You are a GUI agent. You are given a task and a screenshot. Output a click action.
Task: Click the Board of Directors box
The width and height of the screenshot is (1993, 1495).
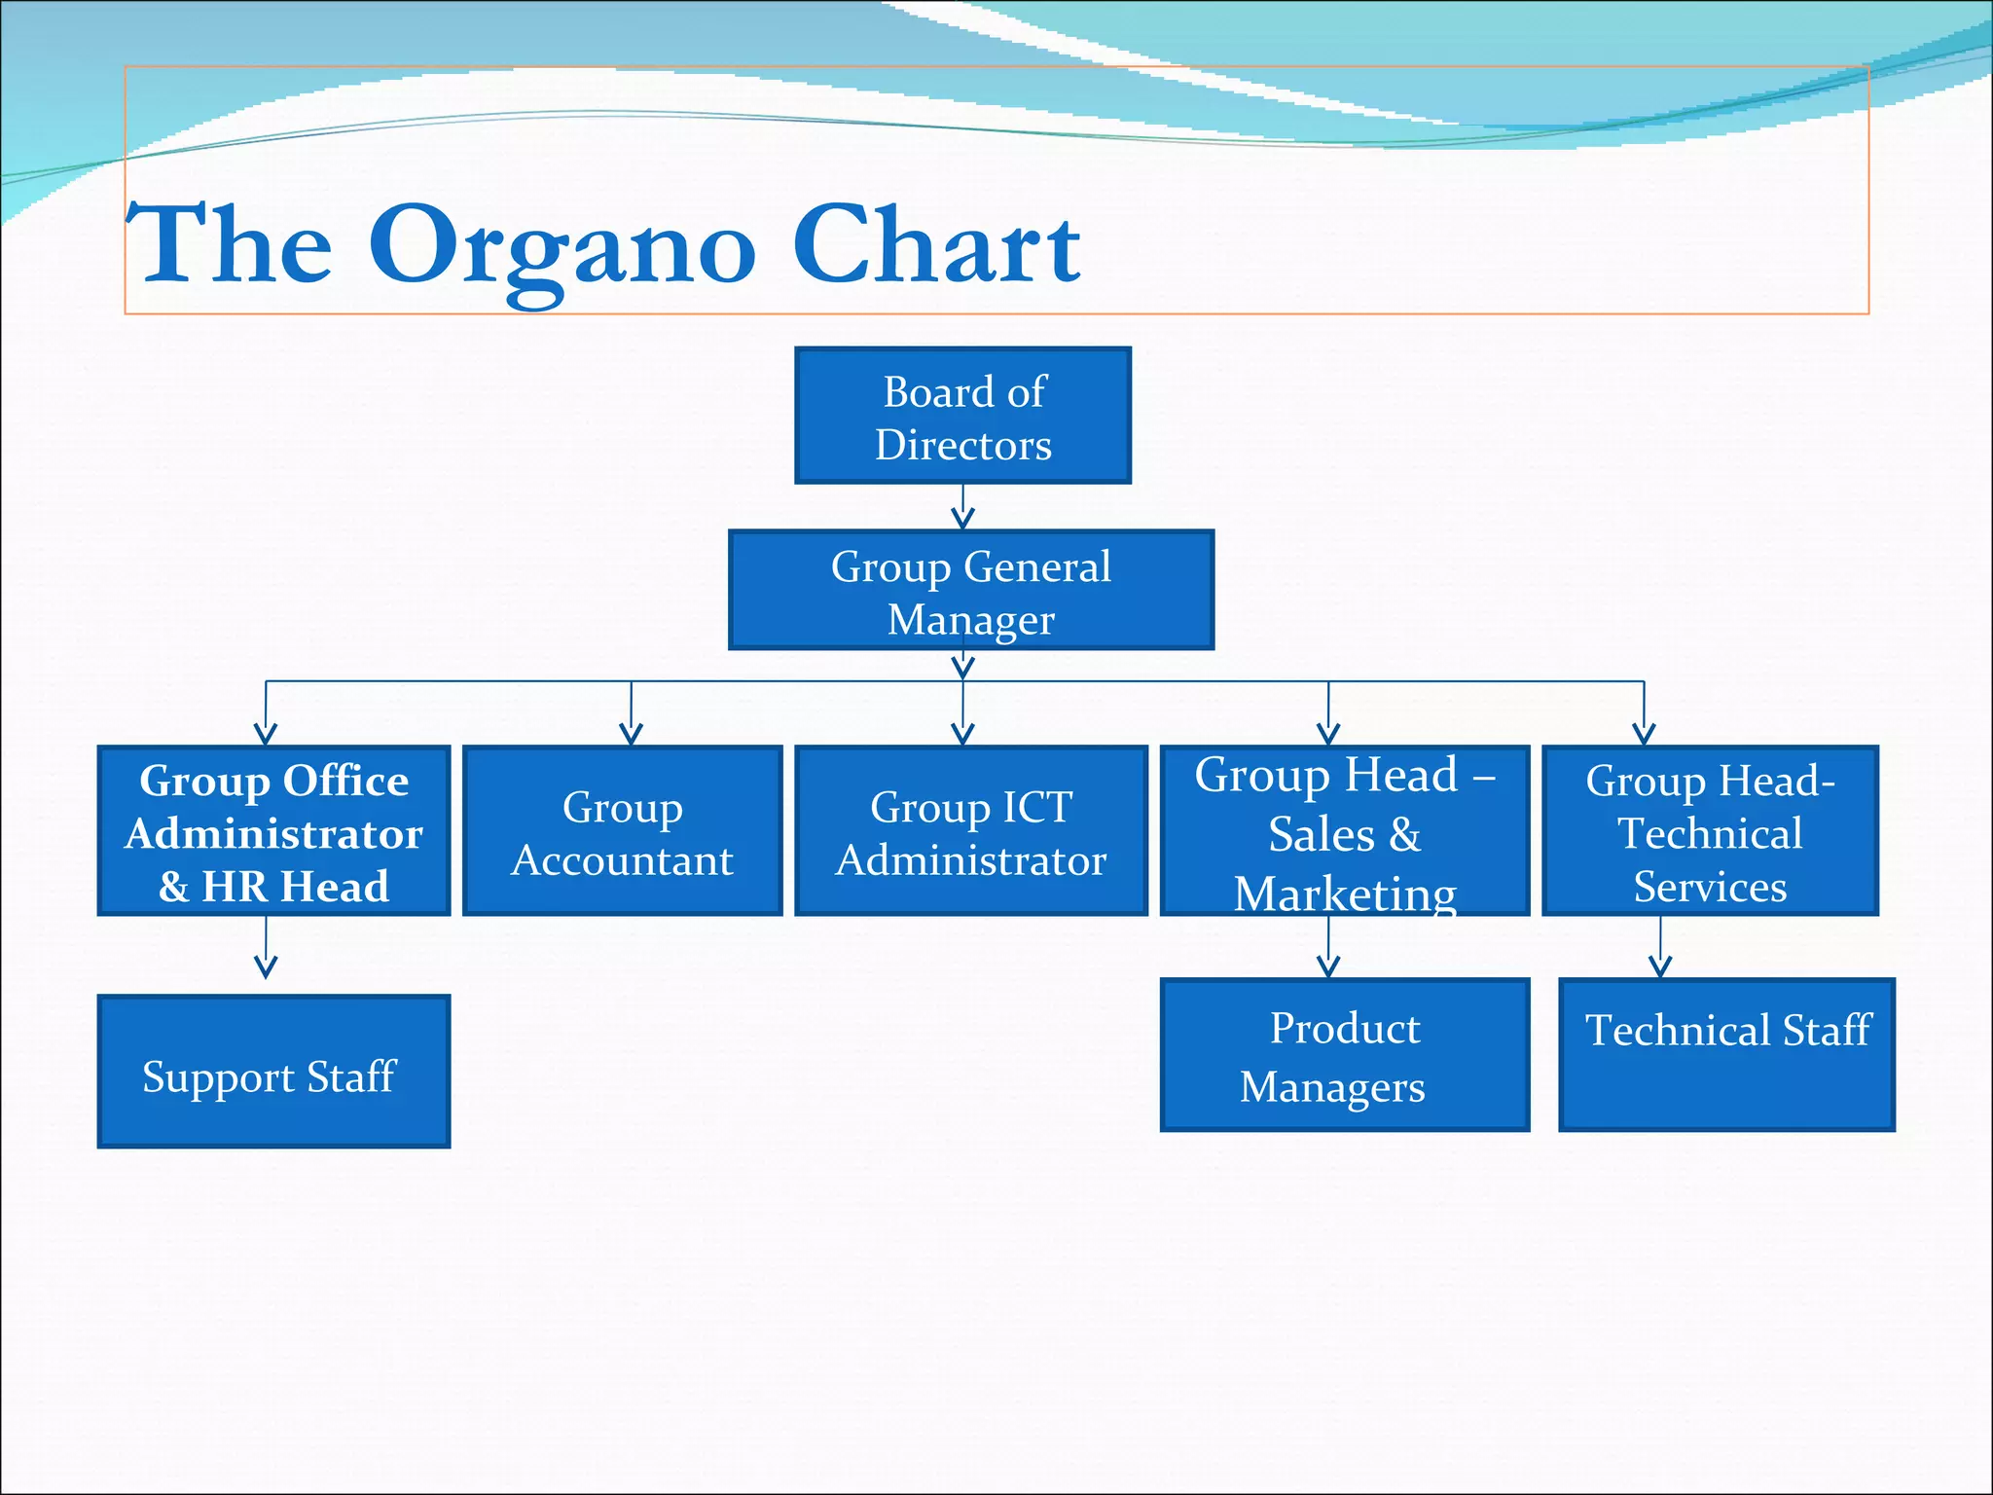[x=962, y=416]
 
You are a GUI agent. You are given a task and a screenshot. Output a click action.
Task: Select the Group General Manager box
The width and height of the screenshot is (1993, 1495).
[x=970, y=591]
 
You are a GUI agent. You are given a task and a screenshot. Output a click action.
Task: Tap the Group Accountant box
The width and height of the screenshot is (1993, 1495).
[x=623, y=832]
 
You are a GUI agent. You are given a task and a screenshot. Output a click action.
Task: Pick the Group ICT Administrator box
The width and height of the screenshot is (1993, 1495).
[x=970, y=832]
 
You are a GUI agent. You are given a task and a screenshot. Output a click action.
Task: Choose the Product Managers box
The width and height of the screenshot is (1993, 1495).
[x=1344, y=1056]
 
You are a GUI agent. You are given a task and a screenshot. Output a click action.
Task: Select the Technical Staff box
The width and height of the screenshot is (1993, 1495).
[x=1726, y=1056]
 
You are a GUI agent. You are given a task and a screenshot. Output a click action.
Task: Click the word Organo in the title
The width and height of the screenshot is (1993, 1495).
[x=562, y=247]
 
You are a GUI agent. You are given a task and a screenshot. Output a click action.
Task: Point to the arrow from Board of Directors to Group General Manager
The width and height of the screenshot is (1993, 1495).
[x=962, y=507]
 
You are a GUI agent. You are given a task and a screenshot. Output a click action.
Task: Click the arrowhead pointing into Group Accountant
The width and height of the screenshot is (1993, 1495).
[x=631, y=733]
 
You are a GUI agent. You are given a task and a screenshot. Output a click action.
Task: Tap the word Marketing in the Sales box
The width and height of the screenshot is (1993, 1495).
[x=1345, y=893]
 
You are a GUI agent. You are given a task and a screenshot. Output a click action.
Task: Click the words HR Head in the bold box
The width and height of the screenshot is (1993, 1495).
[x=294, y=887]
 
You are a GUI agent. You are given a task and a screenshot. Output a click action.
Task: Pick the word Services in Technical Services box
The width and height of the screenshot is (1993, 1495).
[x=1710, y=887]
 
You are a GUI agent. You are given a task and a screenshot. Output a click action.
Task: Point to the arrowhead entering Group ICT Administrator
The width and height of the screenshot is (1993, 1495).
[x=962, y=733]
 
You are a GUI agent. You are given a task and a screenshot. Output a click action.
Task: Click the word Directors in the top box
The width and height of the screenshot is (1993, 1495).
[x=962, y=445]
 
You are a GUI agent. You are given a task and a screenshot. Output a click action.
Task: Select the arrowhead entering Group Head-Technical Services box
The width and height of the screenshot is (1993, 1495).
[x=1644, y=733]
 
